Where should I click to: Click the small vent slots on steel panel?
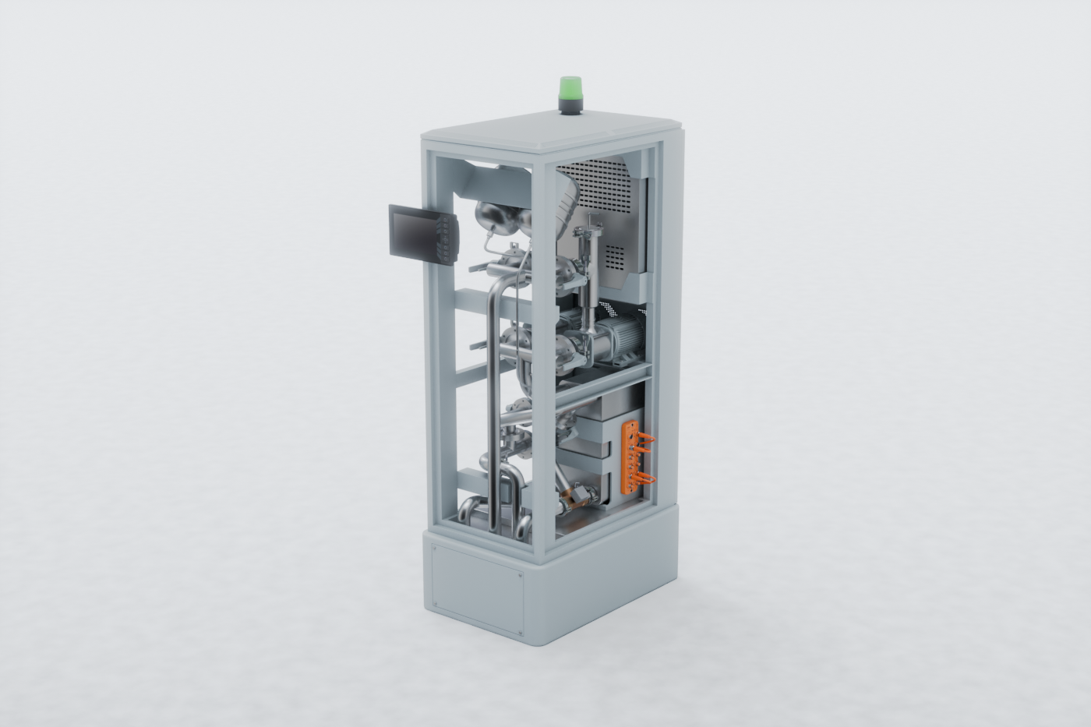(x=616, y=254)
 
